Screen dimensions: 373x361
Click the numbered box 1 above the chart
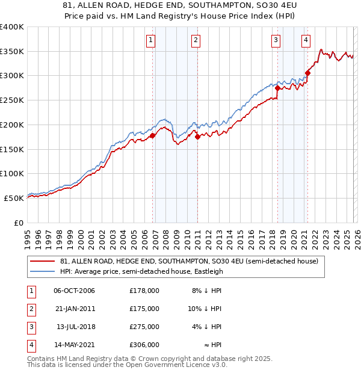pos(150,40)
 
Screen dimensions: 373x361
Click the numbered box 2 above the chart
pos(196,40)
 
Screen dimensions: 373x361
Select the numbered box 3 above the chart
pos(276,40)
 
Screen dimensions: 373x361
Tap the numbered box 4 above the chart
pos(306,40)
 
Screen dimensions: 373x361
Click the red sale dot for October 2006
pos(152,135)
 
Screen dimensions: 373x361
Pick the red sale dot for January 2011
pos(197,137)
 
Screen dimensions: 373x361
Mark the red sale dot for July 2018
pos(277,88)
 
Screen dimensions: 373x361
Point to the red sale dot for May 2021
pos(307,73)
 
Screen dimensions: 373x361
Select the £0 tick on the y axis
pos(18,223)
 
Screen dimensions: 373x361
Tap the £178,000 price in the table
pos(144,291)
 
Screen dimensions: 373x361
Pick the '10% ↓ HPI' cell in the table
pos(205,309)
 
